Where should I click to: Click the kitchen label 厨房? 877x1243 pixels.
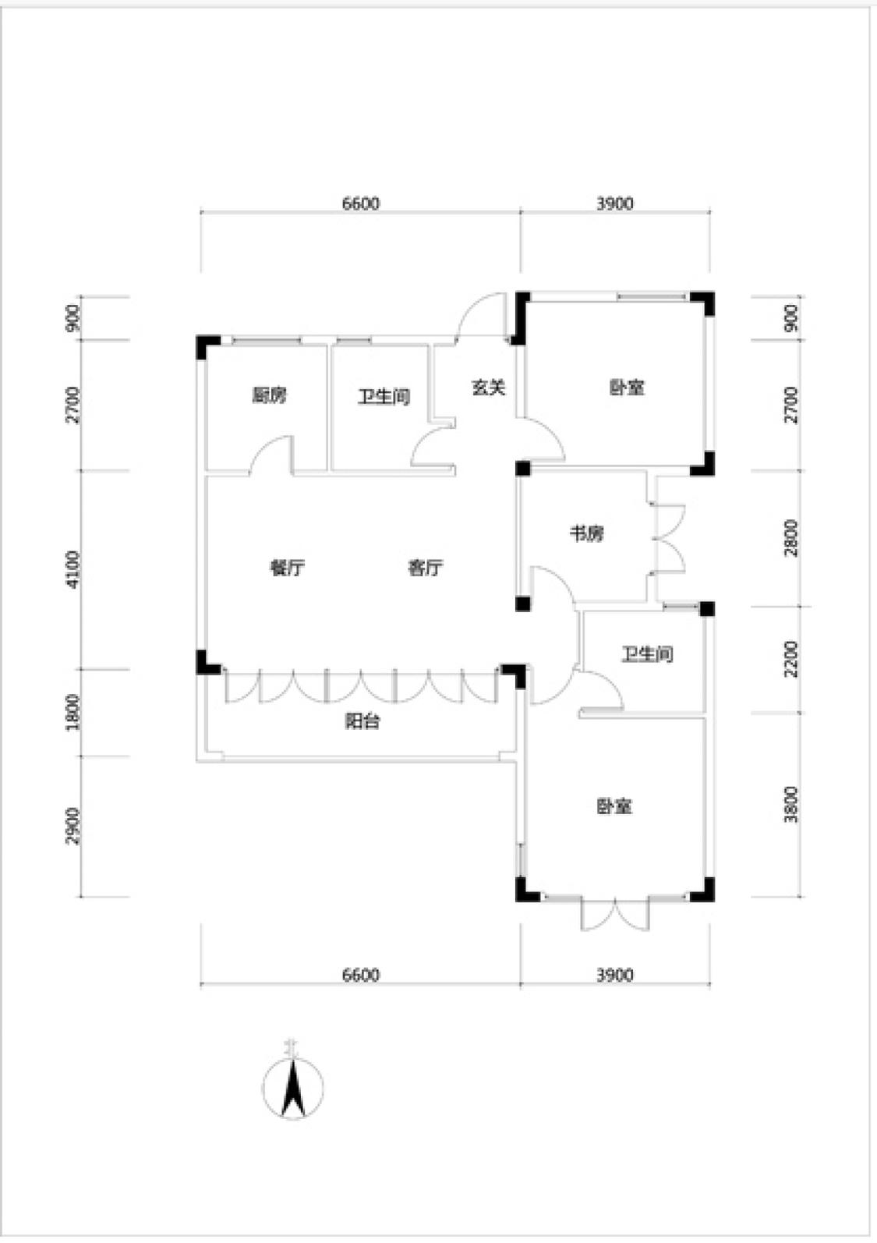[x=270, y=395]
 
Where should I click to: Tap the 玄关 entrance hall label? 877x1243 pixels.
[x=489, y=388]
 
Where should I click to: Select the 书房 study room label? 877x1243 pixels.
[x=587, y=534]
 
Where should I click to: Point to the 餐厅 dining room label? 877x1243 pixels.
[x=288, y=568]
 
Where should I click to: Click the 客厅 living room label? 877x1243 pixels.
[x=426, y=568]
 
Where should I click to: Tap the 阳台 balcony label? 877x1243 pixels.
[x=362, y=721]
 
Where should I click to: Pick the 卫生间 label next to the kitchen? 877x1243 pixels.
[x=384, y=397]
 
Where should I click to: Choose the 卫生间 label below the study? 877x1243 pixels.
[x=647, y=654]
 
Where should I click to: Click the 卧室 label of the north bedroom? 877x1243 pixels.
[x=628, y=388]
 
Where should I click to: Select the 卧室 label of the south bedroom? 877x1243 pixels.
[x=614, y=806]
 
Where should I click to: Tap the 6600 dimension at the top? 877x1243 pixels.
[x=361, y=204]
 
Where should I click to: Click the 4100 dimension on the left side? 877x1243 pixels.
[x=72, y=570]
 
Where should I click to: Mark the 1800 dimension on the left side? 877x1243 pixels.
[x=72, y=712]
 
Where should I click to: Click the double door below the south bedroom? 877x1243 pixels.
[x=614, y=914]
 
